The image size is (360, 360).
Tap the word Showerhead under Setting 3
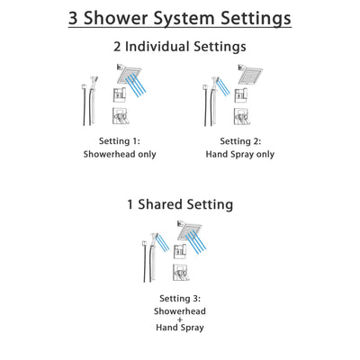(180, 311)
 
